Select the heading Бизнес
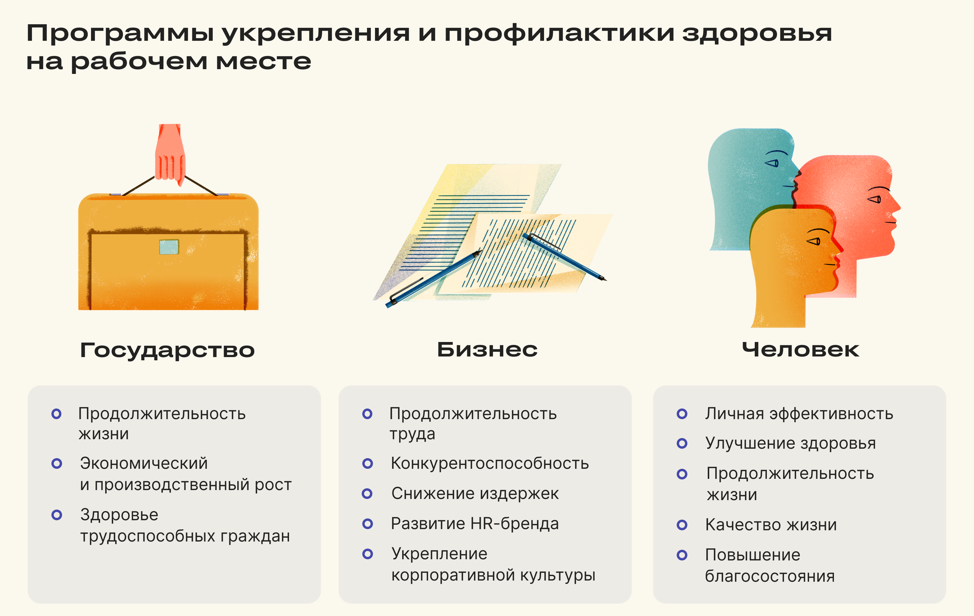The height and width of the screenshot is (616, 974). [x=487, y=349]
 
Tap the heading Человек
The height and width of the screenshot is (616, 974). [x=801, y=349]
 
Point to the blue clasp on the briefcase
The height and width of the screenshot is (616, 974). [x=169, y=247]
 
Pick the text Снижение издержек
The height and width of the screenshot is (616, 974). [x=475, y=493]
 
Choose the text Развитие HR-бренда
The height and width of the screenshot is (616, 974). [x=475, y=524]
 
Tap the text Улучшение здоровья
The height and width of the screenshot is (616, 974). [x=791, y=443]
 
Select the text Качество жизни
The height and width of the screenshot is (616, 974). [x=771, y=525]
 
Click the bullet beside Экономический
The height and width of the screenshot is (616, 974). [x=57, y=463]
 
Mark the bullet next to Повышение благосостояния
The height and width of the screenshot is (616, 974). [x=682, y=555]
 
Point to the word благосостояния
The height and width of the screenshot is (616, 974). [x=770, y=576]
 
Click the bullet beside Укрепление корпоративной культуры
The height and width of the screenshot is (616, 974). [x=368, y=554]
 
